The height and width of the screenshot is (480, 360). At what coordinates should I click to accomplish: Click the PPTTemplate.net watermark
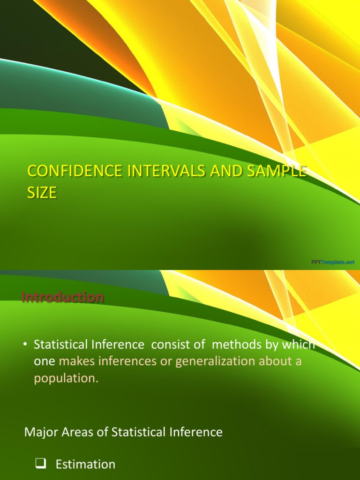point(333,262)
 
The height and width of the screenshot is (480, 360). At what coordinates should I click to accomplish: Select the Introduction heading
point(62,297)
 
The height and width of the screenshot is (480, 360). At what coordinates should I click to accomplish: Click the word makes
point(75,362)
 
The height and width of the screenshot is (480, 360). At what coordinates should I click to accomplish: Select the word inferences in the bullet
point(129,362)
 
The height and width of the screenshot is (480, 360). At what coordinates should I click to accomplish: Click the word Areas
point(77,432)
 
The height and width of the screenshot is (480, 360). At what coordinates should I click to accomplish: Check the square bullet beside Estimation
point(39,464)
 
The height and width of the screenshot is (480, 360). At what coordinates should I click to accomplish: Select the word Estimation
point(85,464)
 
